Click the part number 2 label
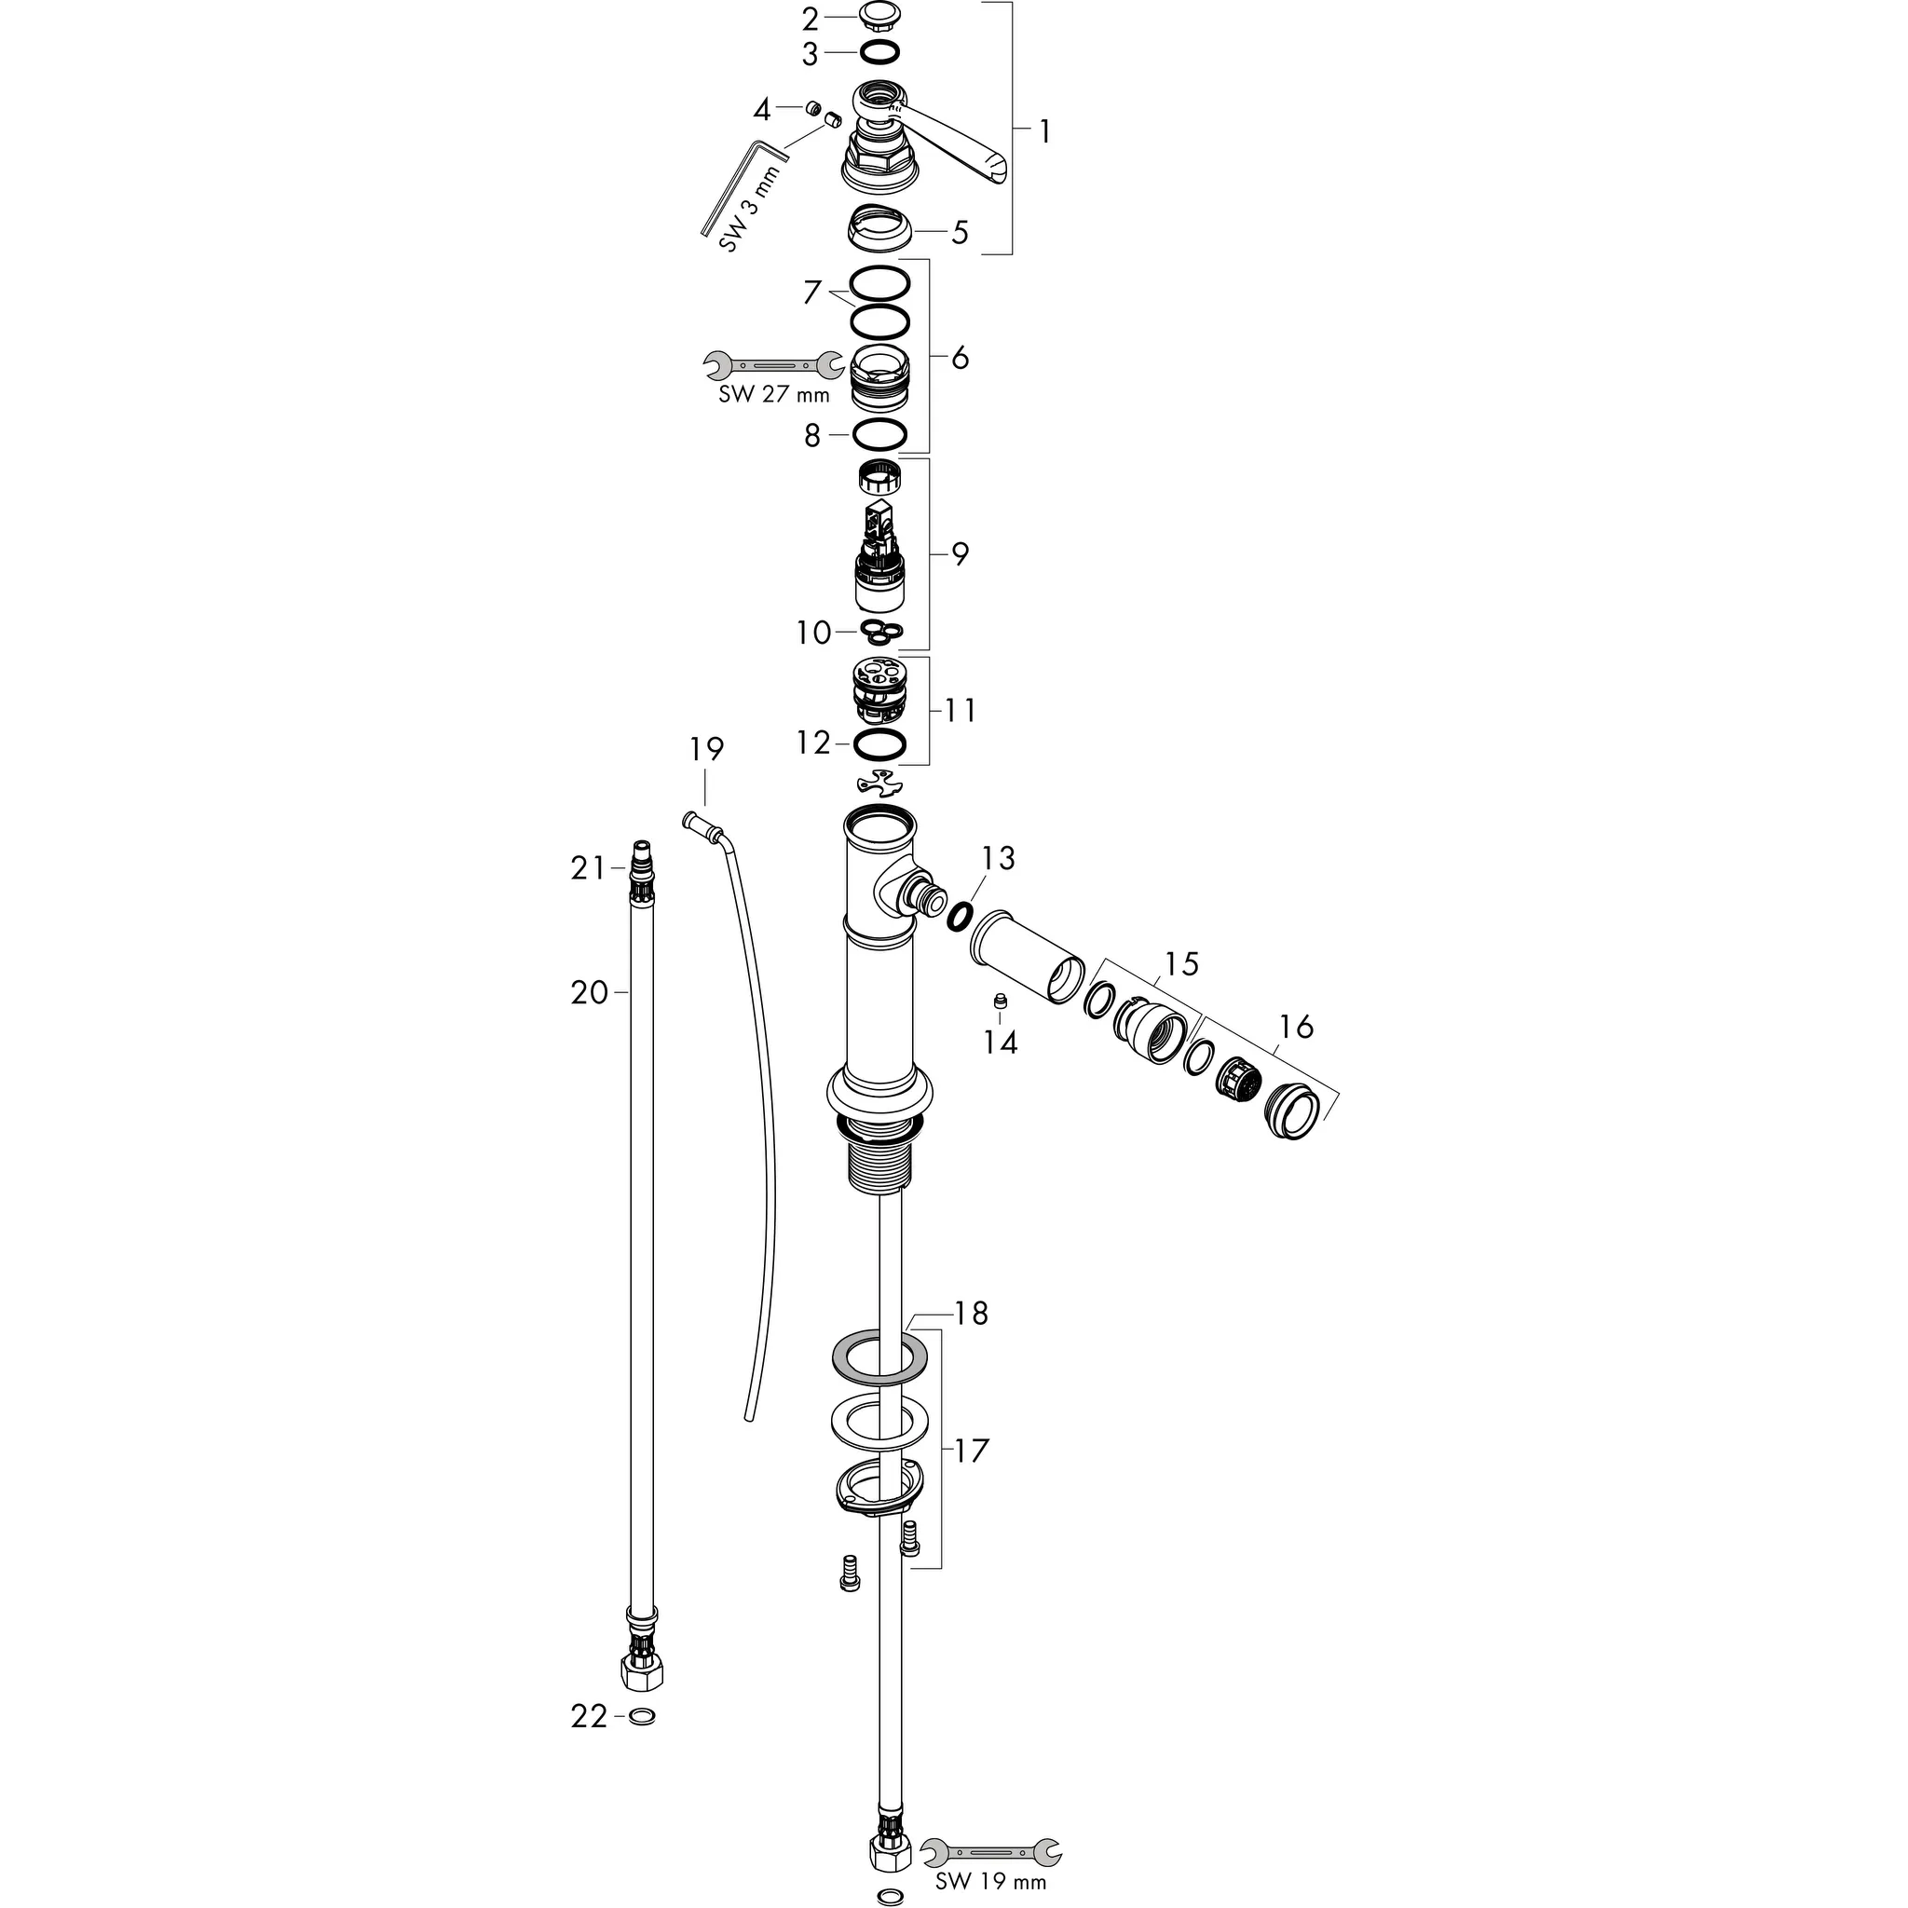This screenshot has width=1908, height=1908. click(810, 19)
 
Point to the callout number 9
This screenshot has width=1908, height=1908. click(960, 554)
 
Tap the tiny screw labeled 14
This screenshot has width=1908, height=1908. click(1000, 1002)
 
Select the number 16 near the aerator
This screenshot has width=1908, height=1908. click(1297, 1029)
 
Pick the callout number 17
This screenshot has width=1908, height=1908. click(972, 1451)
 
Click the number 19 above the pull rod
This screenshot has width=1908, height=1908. click(707, 751)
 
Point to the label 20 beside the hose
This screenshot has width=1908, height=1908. click(590, 992)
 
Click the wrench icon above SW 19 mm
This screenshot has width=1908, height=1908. click(990, 1852)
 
